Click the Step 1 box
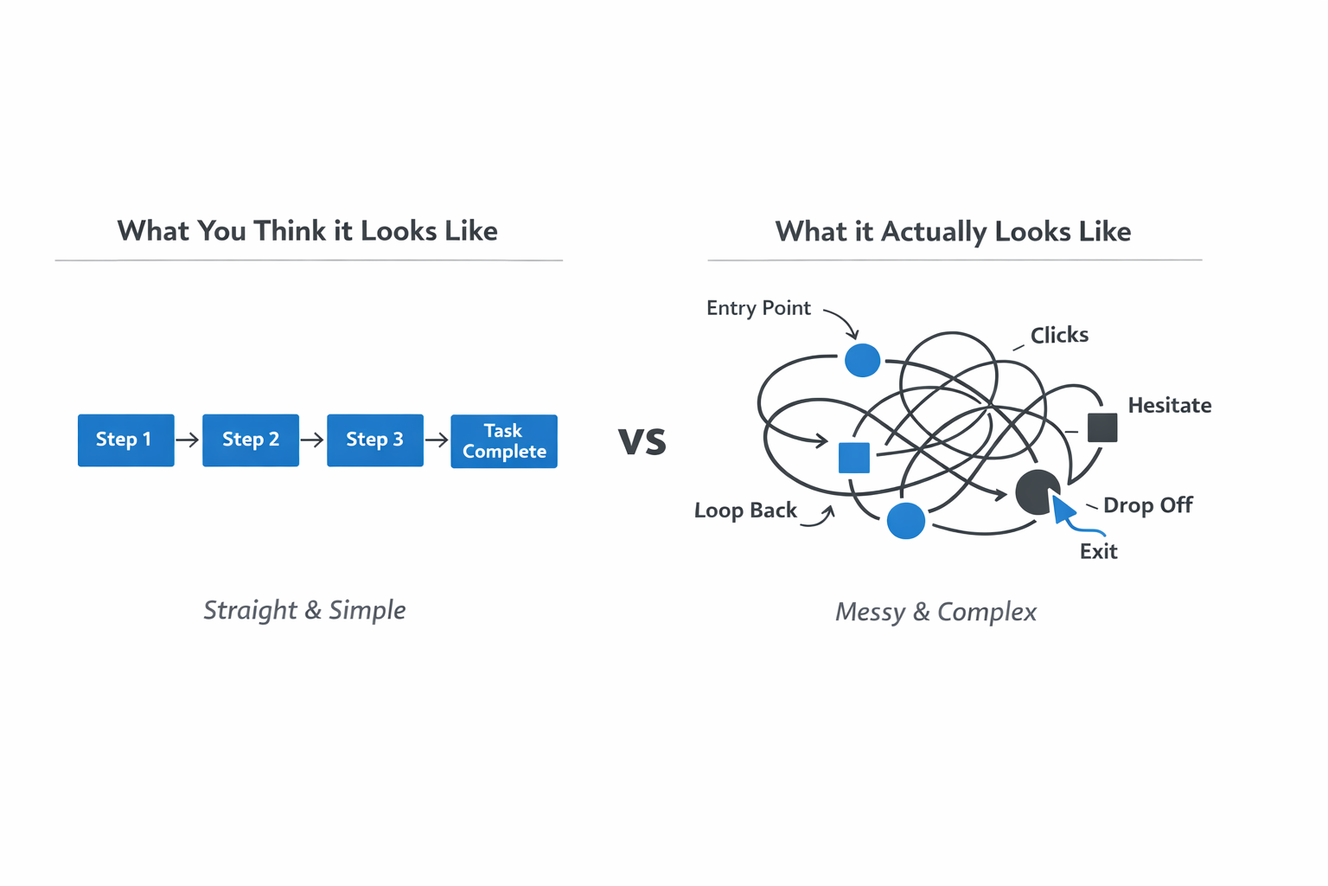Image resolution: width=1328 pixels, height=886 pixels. point(125,440)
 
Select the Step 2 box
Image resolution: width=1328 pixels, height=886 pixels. point(251,440)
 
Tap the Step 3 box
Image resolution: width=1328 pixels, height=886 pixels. point(375,440)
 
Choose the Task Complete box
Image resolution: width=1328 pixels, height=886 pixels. point(504,441)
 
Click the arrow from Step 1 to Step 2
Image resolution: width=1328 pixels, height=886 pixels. point(188,440)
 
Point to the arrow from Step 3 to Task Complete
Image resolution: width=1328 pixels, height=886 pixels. point(437,440)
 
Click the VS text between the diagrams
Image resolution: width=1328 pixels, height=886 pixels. point(642,441)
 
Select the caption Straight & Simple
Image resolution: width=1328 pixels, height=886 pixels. point(304,610)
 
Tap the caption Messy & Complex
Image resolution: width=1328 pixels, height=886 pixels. point(935,612)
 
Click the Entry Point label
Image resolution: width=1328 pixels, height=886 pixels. point(758,308)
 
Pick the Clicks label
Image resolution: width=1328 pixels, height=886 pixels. point(1059,335)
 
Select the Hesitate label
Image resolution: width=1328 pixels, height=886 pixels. point(1169,405)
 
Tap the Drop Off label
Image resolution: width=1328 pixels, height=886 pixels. point(1147,505)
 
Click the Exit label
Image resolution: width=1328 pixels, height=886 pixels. point(1098,551)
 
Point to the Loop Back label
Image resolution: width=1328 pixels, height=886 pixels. point(745,510)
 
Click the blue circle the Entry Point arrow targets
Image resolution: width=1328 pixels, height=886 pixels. point(862,360)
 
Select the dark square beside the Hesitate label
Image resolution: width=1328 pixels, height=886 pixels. point(1102,427)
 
